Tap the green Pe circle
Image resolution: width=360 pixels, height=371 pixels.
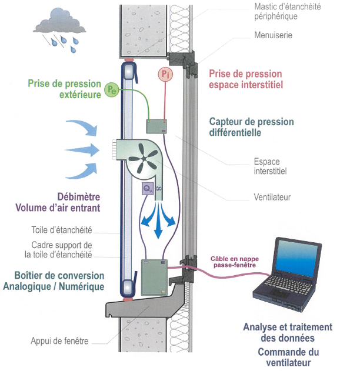click(112, 89)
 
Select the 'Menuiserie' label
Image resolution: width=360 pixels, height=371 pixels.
click(274, 35)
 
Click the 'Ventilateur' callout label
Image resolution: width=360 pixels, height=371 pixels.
click(274, 198)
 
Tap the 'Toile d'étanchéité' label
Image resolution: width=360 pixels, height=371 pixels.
click(62, 230)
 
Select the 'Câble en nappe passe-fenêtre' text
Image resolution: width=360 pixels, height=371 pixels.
click(234, 261)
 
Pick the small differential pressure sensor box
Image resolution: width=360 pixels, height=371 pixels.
click(156, 126)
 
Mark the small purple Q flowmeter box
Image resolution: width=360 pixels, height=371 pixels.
click(148, 188)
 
